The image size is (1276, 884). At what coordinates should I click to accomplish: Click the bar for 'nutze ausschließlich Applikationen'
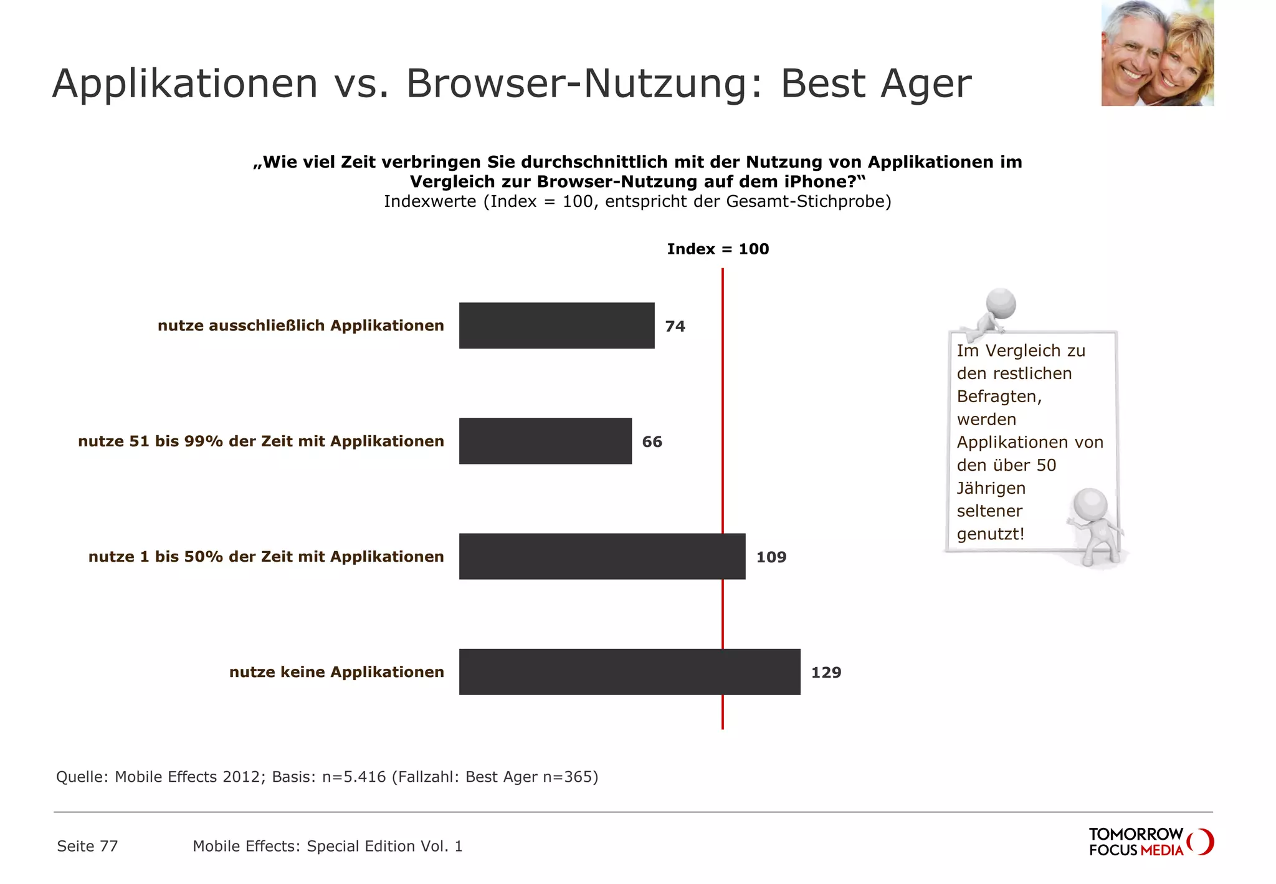[556, 325]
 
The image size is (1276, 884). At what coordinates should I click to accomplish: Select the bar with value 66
[545, 441]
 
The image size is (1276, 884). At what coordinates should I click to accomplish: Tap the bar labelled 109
[602, 556]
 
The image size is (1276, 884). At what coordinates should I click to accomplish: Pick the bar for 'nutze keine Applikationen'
[629, 671]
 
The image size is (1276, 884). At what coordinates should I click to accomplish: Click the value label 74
[675, 326]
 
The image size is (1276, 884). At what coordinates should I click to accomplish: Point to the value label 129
[826, 672]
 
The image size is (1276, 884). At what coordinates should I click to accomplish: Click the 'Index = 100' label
[718, 249]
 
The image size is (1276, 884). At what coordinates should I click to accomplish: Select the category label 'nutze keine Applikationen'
[336, 672]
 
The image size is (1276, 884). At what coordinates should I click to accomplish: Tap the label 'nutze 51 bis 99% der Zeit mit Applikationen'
[261, 441]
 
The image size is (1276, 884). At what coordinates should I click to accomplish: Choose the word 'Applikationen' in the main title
[185, 83]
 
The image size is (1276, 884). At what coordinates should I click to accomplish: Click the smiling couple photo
[1157, 53]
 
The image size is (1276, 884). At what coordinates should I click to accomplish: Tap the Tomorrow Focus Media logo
[1150, 842]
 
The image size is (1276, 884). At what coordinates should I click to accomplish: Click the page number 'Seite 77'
[87, 846]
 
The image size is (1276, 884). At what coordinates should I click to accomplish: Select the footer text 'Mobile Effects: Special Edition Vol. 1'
[327, 846]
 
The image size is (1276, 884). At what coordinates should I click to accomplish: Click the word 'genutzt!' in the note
[991, 534]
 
